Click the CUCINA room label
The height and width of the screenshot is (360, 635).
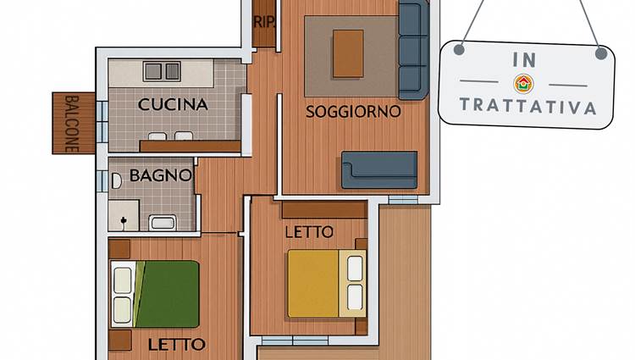(x=173, y=104)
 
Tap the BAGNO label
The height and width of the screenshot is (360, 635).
(x=160, y=175)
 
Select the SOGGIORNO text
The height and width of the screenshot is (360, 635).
(x=353, y=112)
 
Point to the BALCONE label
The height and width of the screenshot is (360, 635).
(x=72, y=124)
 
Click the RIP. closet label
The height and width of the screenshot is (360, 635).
(x=264, y=22)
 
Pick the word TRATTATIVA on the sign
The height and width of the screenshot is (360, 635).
(x=527, y=106)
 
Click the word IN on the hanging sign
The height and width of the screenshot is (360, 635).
(x=524, y=60)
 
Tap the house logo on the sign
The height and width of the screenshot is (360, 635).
(x=523, y=84)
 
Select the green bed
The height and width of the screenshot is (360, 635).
(x=155, y=294)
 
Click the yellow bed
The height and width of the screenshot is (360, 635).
(x=327, y=284)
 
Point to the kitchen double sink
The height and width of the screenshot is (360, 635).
(x=162, y=71)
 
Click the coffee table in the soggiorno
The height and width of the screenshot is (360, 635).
(x=348, y=53)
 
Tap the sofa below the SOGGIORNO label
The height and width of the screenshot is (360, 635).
(x=379, y=170)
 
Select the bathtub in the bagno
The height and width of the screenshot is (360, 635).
(x=163, y=223)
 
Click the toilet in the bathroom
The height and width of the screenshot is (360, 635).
(x=116, y=181)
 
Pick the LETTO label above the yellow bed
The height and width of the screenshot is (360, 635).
(x=309, y=232)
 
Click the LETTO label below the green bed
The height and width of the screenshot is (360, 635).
(x=177, y=345)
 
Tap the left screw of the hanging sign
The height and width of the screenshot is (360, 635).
(x=459, y=50)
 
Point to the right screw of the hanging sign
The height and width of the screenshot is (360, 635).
(x=601, y=53)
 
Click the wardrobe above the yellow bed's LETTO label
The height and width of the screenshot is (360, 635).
(x=325, y=210)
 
